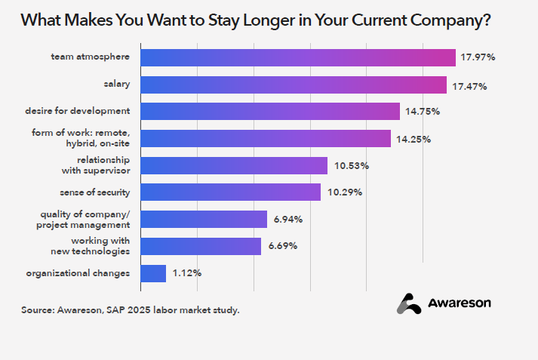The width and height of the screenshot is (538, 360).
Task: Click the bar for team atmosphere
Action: click(298, 57)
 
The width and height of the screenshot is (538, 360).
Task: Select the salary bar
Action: click(294, 85)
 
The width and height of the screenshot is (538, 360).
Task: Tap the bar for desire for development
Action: click(270, 111)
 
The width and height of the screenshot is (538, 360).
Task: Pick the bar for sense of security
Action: click(231, 192)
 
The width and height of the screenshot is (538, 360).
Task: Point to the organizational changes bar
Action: click(153, 273)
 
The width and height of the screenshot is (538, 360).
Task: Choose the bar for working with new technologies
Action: click(201, 246)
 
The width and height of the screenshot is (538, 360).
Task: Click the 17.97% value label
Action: click(480, 57)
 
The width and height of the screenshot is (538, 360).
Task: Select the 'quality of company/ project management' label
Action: click(83, 220)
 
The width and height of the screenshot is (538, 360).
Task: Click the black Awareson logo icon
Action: click(409, 303)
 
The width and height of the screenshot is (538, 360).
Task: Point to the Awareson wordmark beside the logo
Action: click(460, 303)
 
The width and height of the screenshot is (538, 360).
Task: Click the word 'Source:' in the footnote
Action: click(37, 309)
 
